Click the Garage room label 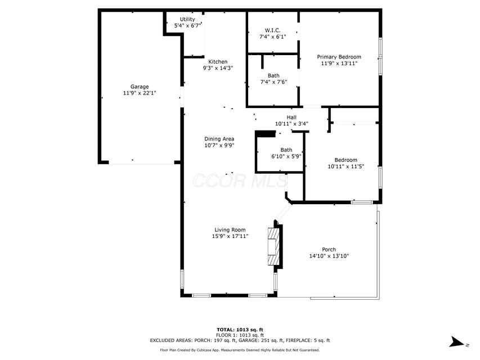[x=140, y=87]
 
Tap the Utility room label [x=187, y=19]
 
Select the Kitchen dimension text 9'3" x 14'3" [x=218, y=68]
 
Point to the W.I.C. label [x=272, y=30]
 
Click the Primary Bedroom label [x=339, y=57]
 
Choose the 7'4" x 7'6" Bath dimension [x=273, y=82]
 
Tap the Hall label [x=291, y=117]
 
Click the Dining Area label [x=219, y=139]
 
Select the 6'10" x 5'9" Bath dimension [x=286, y=156]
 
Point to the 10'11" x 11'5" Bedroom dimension [x=346, y=166]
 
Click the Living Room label [x=230, y=230]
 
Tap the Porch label [x=329, y=250]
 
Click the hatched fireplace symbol [x=273, y=246]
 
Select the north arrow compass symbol [x=458, y=342]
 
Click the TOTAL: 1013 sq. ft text [x=240, y=330]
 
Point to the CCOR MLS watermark [x=240, y=181]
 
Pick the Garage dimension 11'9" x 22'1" [x=140, y=93]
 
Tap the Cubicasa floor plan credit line [x=240, y=350]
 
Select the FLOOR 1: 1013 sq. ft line [x=240, y=335]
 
